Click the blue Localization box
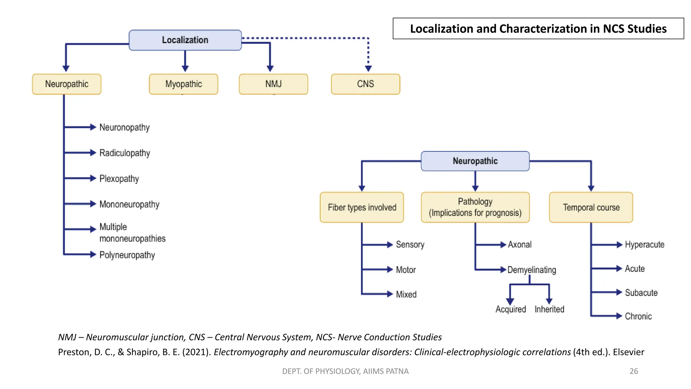click(185, 40)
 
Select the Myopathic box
click(184, 84)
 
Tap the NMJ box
click(273, 84)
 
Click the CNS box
click(365, 84)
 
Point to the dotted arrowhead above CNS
click(368, 68)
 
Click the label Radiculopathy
click(125, 153)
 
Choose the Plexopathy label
click(119, 179)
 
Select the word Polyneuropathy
click(127, 255)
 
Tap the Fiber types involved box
click(362, 207)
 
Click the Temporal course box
click(591, 207)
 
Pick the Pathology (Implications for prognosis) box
click(475, 207)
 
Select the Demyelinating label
click(531, 270)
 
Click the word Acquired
click(510, 309)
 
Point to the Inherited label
click(549, 309)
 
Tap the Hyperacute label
click(644, 244)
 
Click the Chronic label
click(638, 316)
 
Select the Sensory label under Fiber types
click(410, 244)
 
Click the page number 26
click(634, 371)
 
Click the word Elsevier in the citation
click(628, 352)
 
